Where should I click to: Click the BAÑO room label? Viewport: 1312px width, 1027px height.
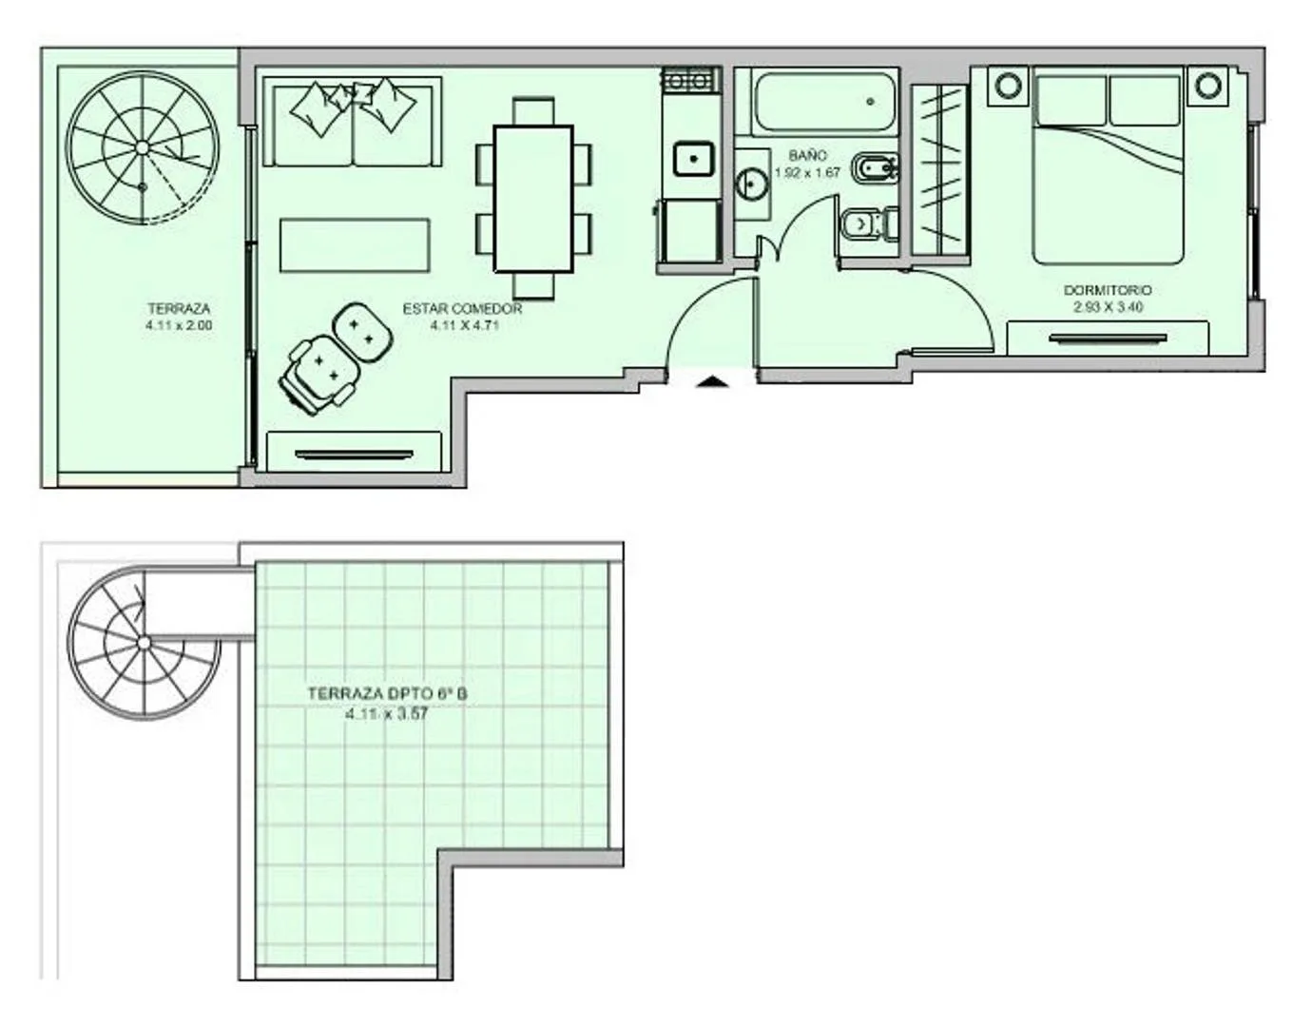point(807,156)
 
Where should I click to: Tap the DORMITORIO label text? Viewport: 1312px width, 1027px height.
point(1108,290)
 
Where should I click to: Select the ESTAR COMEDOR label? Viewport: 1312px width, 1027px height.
point(462,309)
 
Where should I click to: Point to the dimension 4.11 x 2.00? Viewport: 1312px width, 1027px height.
point(179,325)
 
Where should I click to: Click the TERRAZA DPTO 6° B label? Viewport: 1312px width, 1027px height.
point(388,694)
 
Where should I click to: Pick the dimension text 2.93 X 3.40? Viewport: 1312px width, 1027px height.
point(1108,307)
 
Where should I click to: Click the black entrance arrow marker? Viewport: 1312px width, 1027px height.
point(713,381)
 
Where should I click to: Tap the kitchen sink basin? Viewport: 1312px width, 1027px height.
point(693,158)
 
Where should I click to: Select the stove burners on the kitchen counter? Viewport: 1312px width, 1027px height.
point(691,80)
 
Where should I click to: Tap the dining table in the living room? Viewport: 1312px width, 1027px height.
point(533,200)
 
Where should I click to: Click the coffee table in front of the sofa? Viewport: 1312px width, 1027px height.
point(355,245)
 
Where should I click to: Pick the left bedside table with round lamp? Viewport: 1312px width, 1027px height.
point(1008,86)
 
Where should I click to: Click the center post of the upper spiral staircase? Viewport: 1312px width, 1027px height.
point(142,147)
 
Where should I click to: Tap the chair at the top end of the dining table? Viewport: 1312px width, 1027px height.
point(533,111)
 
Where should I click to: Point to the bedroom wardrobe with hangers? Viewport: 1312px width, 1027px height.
point(940,169)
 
